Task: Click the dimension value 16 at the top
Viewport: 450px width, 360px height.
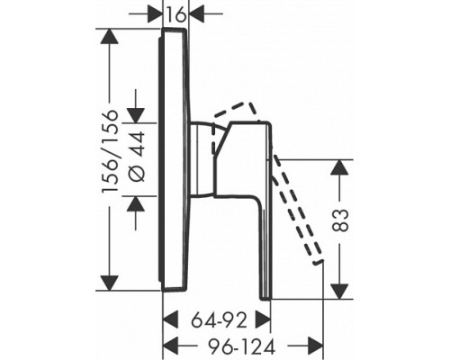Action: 175,15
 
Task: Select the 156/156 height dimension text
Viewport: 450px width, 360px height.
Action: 110,152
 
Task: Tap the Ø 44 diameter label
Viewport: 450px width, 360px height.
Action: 138,157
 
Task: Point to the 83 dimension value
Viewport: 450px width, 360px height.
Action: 341,220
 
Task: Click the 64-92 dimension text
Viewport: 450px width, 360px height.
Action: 220,320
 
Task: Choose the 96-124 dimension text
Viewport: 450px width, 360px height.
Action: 242,347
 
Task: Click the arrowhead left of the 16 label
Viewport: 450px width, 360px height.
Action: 155,13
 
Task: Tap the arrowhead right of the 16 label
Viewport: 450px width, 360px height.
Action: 195,13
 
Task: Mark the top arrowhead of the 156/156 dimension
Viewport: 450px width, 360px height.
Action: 109,37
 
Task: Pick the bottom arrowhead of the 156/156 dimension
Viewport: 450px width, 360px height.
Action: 109,283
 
